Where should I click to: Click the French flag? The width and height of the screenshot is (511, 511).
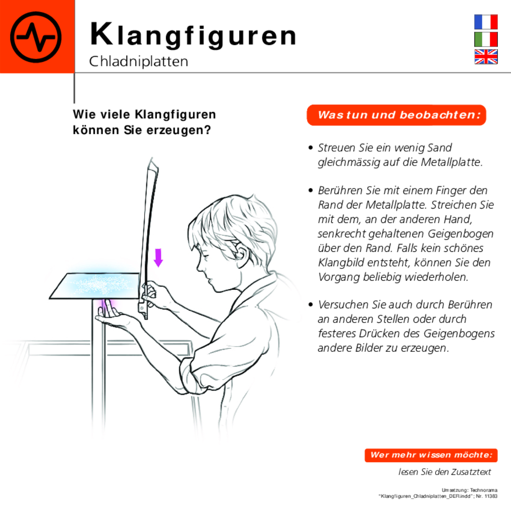pyautogui.click(x=486, y=22)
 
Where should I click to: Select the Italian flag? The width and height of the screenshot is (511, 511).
pyautogui.click(x=486, y=40)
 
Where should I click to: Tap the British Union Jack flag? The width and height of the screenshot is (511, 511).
pyautogui.click(x=486, y=57)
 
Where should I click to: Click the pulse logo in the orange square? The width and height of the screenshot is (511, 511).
pyautogui.click(x=36, y=37)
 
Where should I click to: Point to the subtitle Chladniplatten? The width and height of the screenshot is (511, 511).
pyautogui.click(x=138, y=61)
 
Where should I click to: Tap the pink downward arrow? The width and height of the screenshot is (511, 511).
pyautogui.click(x=158, y=258)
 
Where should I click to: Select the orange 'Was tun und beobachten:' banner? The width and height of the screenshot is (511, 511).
pyautogui.click(x=396, y=115)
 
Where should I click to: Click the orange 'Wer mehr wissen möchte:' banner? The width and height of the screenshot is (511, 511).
pyautogui.click(x=431, y=455)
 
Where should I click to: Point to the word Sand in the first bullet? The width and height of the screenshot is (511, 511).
pyautogui.click(x=439, y=148)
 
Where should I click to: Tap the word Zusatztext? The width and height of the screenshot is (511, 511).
pyautogui.click(x=471, y=472)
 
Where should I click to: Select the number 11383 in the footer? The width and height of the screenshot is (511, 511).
pyautogui.click(x=491, y=496)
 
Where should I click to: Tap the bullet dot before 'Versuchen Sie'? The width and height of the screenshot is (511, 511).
pyautogui.click(x=311, y=305)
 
